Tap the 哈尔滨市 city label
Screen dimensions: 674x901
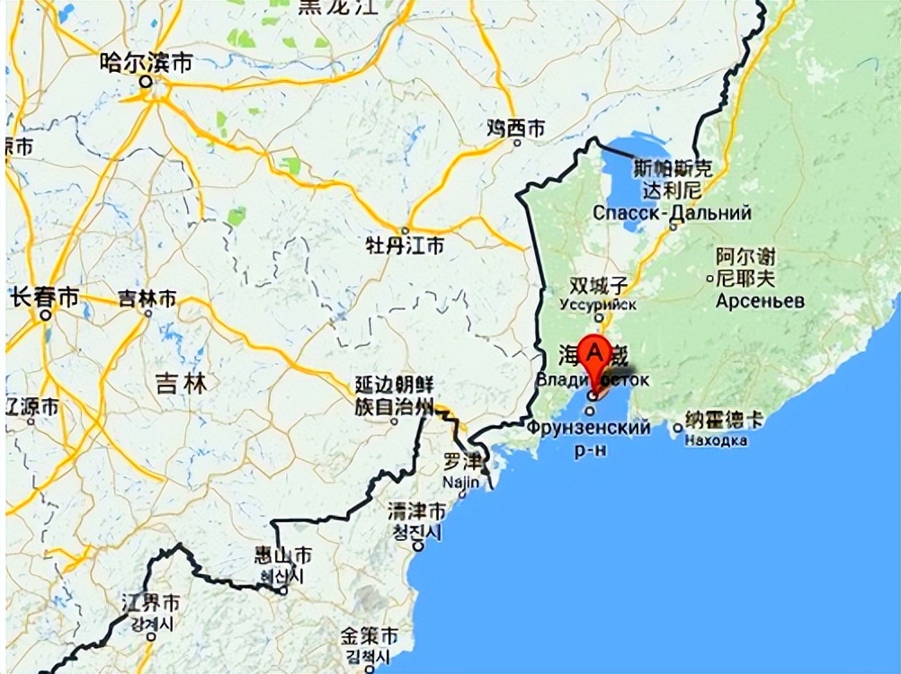[x=147, y=63]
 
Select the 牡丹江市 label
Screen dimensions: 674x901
[x=404, y=244]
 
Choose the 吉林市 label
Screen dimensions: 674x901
[x=147, y=298]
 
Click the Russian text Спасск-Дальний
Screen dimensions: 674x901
[x=672, y=214]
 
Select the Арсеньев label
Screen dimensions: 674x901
[x=760, y=301]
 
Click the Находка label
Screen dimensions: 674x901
[x=716, y=440]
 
